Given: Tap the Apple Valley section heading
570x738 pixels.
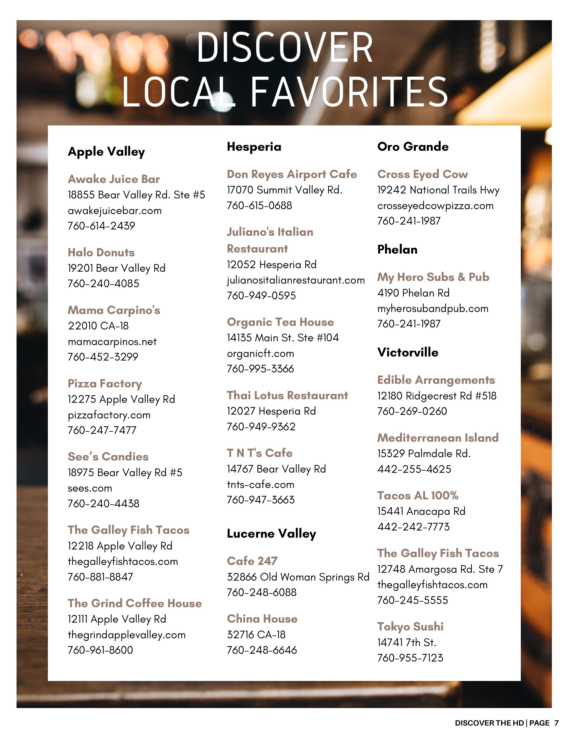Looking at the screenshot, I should coord(106,151).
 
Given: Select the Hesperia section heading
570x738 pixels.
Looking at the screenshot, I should coord(254,147).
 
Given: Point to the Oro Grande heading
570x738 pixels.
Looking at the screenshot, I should coord(413,147).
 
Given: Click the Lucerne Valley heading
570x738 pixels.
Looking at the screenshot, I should coord(271,534).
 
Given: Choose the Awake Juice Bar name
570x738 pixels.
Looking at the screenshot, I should coord(114,179).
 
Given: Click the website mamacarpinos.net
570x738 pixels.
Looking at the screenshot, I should coord(112,342).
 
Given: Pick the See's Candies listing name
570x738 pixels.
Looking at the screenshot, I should coord(108,456).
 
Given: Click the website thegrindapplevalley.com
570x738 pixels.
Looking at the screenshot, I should coord(127,635).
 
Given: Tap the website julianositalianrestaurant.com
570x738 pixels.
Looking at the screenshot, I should coord(296,280).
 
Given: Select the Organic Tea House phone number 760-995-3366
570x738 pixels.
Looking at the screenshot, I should coord(260,368).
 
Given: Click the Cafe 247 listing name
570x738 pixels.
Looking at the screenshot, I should coord(252,561).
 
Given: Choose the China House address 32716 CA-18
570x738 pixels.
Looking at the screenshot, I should coord(256,635).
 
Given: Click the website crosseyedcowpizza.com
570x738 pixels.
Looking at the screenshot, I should coord(435,206).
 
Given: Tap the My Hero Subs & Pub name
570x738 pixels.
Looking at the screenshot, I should coord(433,277).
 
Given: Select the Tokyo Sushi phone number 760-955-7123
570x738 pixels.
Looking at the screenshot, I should coord(410,657).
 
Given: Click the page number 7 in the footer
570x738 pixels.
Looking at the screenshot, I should coord(556,723).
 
